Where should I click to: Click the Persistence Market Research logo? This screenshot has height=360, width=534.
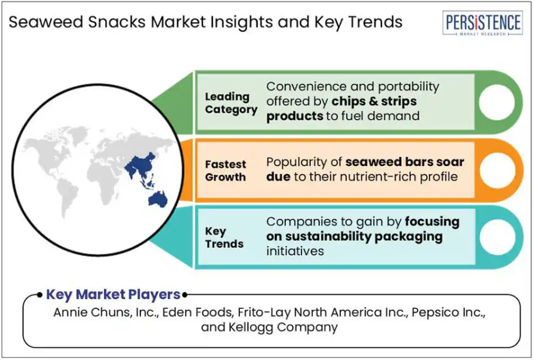483,23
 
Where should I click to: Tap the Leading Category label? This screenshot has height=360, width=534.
231,103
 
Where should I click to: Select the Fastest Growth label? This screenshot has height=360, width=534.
226,171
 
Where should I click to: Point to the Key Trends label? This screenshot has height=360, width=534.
224,238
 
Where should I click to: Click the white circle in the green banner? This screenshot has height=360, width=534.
497,102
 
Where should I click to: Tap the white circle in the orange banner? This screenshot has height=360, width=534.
497,170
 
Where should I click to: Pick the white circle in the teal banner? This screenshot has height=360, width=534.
497,237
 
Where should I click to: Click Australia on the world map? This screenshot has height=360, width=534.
158,199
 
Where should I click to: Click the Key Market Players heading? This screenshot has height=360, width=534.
113,294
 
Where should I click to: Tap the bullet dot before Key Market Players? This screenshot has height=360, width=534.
40,295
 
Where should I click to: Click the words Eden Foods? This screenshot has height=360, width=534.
197,312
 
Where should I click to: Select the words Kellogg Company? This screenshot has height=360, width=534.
283,327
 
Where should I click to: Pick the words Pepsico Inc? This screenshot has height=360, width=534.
448,312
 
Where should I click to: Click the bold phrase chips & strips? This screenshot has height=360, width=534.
374,101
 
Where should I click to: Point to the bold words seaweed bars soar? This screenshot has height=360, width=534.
405,162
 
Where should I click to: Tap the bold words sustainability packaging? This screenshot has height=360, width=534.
363,236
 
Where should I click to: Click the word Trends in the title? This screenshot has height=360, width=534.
375,22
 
